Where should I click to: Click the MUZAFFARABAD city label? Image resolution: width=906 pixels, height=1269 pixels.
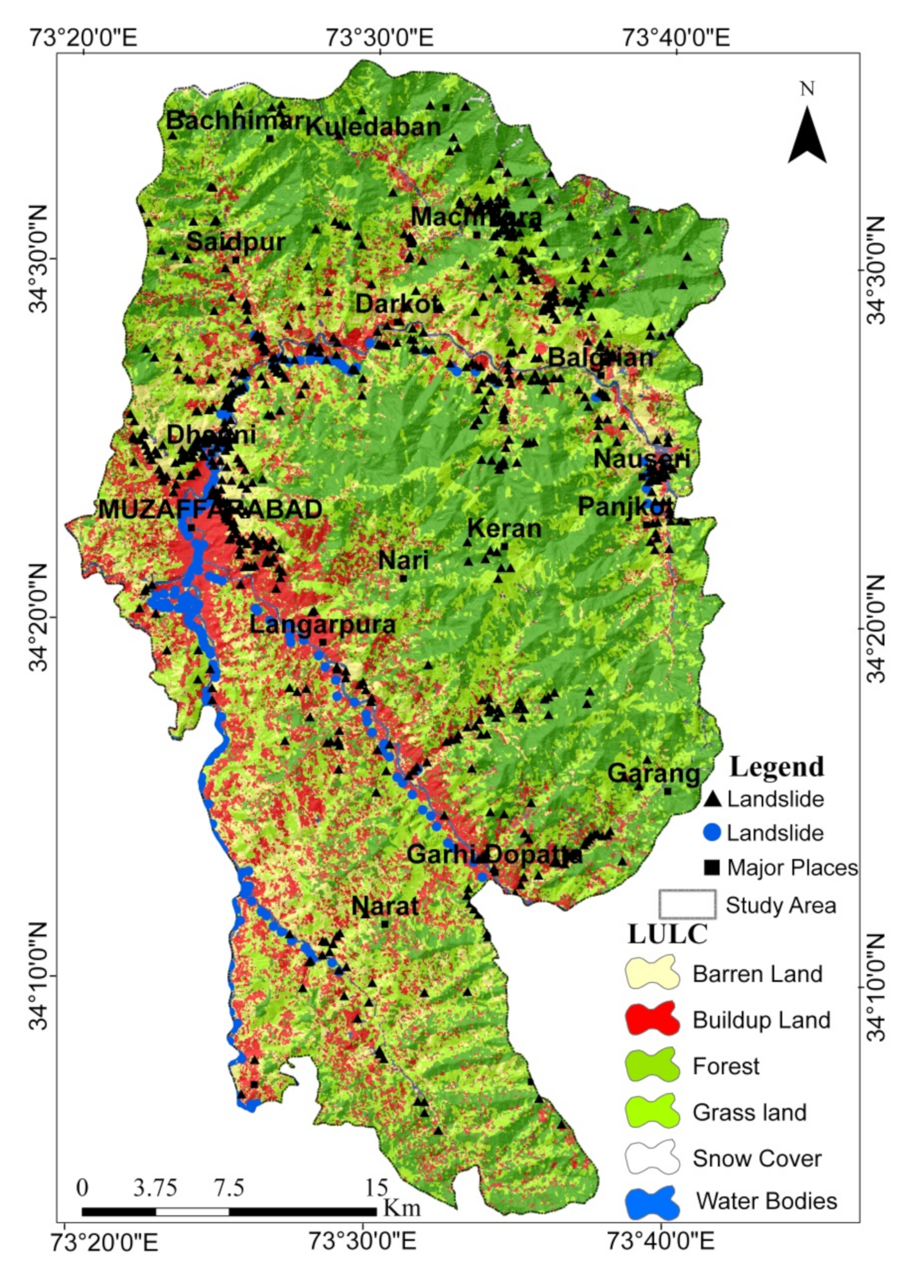(x=210, y=510)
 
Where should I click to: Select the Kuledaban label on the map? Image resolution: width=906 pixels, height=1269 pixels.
(x=373, y=127)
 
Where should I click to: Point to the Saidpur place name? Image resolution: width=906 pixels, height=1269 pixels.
(x=236, y=242)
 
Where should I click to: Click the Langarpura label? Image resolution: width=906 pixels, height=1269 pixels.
(x=322, y=625)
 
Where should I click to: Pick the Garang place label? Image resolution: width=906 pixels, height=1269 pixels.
(x=653, y=774)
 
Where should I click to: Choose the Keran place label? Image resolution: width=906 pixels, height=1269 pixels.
(x=504, y=529)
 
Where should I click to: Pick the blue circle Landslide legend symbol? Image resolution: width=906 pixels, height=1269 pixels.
(x=712, y=833)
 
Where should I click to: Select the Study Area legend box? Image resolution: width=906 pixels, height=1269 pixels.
(x=687, y=904)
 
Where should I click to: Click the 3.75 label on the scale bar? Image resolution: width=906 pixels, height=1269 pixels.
(x=155, y=1188)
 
